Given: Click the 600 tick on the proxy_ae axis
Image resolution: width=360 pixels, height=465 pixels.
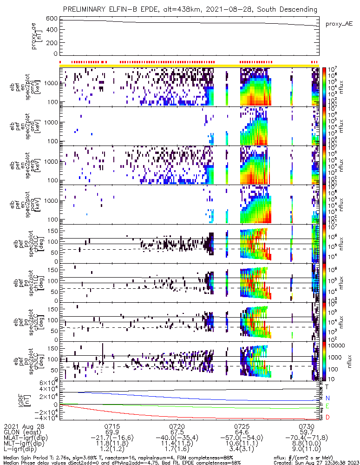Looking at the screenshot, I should click(52, 19).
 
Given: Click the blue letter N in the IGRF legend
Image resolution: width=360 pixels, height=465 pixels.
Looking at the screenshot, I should click(327, 399).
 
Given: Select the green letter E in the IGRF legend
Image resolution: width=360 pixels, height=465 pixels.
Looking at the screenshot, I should click(327, 406).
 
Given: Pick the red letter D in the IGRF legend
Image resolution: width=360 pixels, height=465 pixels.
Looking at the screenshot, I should click(327, 418).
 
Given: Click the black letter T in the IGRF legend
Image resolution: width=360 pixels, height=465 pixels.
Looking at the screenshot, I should click(327, 386).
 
